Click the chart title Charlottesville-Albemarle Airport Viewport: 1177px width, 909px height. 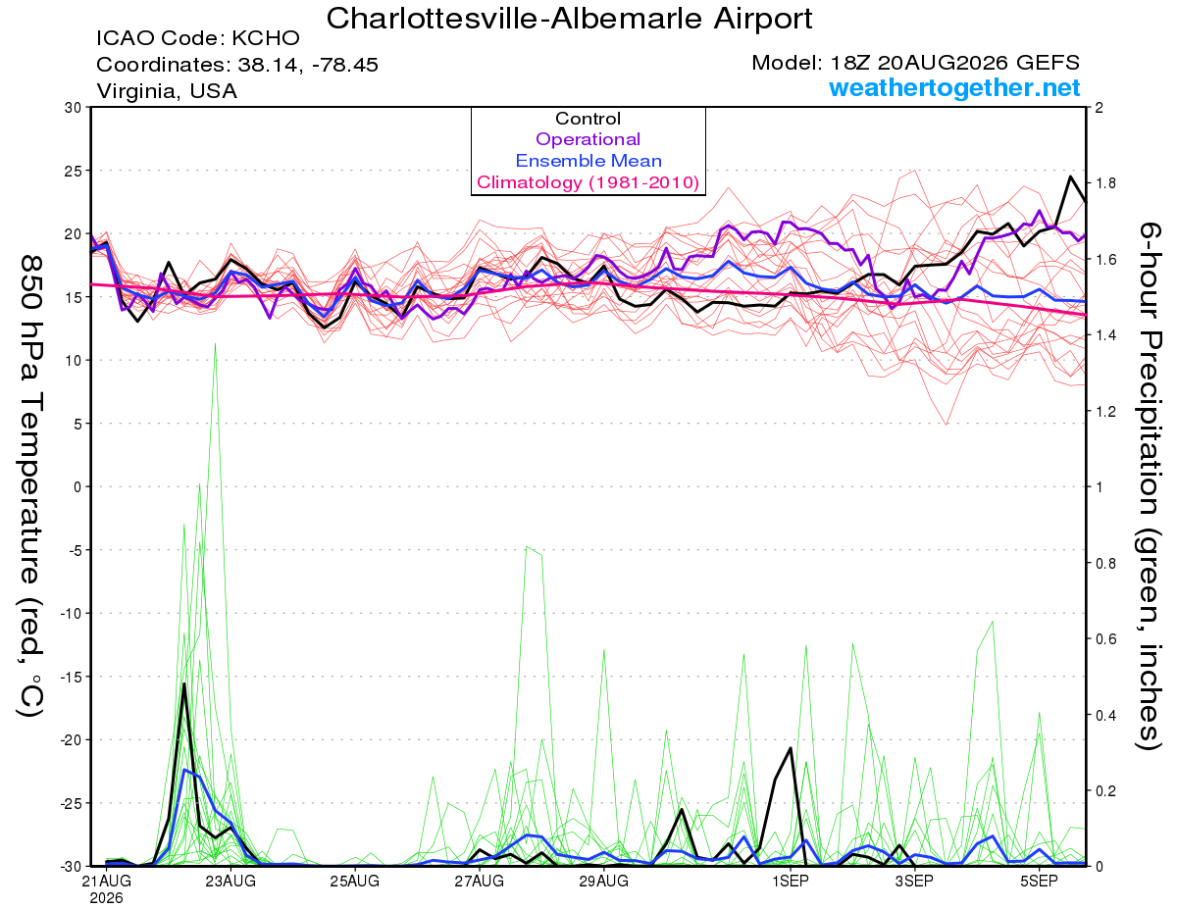point(569,19)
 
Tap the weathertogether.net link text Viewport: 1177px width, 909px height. point(954,87)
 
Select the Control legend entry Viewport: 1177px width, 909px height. point(588,119)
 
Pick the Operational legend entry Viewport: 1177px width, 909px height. point(588,139)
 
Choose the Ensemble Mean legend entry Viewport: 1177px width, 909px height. point(588,161)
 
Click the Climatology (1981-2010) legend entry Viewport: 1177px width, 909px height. point(588,182)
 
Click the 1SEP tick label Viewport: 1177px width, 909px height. point(791,881)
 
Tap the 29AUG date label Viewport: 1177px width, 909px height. point(604,881)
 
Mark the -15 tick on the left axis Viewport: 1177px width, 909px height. point(70,677)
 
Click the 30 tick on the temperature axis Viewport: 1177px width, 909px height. point(74,108)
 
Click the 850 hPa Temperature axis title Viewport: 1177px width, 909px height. point(31,486)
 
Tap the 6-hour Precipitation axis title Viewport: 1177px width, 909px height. point(1150,486)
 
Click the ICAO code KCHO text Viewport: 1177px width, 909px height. point(198,38)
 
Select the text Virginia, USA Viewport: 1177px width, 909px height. point(167,91)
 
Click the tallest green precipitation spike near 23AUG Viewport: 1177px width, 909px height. point(215,344)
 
